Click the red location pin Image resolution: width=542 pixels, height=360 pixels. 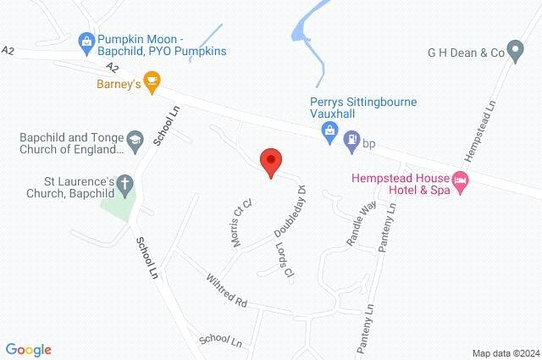tap(270, 161)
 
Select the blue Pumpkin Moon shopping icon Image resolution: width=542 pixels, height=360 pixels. tap(85, 40)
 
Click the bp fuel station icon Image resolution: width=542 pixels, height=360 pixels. tap(351, 143)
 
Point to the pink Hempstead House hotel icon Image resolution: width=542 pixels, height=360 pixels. tap(461, 180)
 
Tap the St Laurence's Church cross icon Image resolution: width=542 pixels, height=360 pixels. tap(124, 184)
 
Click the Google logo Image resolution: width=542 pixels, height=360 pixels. tap(28, 349)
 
